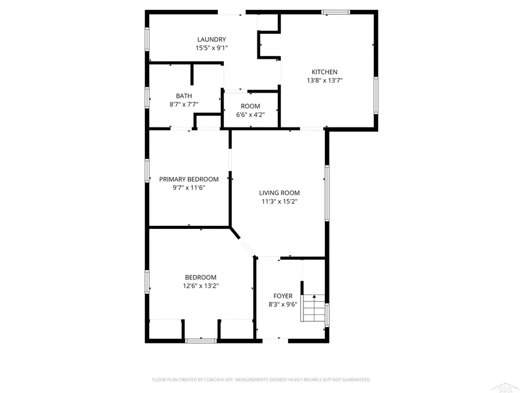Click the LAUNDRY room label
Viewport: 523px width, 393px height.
coord(210,40)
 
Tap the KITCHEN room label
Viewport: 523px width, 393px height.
coord(324,72)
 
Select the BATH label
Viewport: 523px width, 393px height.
coord(184,96)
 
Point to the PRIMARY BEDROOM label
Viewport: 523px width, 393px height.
coord(189,179)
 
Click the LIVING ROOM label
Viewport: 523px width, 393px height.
coord(280,193)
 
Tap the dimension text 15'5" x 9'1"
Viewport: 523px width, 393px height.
coord(211,48)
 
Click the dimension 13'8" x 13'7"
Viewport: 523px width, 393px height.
coord(324,81)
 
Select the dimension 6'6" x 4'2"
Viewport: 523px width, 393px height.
coord(250,115)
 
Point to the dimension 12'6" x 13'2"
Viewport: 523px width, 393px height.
coord(200,286)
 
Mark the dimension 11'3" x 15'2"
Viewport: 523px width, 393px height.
coord(280,202)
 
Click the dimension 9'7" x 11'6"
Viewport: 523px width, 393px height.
coord(189,188)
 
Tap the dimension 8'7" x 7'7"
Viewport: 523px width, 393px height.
coord(184,105)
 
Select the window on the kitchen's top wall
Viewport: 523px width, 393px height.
coord(336,12)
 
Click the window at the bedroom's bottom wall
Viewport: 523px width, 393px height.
coord(200,340)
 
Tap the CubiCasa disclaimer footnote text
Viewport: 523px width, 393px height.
coord(261,380)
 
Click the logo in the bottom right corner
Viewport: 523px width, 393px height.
coord(503,386)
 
